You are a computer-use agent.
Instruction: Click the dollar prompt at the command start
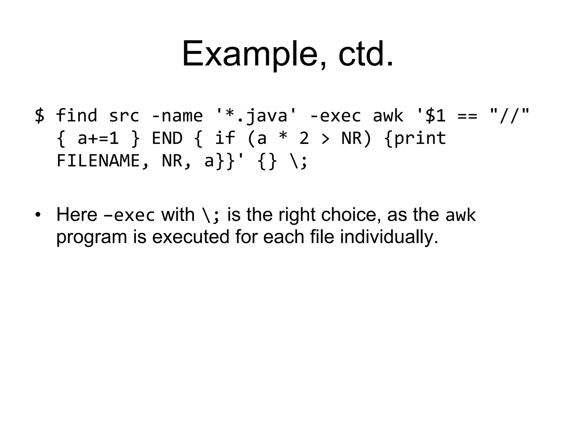pos(40,116)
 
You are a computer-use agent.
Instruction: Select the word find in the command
pos(76,116)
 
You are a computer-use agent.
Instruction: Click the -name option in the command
pos(177,116)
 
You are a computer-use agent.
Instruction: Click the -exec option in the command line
pos(335,116)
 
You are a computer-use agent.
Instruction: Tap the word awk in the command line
pos(388,116)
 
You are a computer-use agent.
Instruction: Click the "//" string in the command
pos(509,115)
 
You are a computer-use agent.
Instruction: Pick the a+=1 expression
pos(98,138)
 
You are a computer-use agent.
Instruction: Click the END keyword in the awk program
pos(167,138)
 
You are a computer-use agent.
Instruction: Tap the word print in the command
pos(420,138)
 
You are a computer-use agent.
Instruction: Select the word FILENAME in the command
pos(98,161)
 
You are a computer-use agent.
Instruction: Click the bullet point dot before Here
pos(38,215)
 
